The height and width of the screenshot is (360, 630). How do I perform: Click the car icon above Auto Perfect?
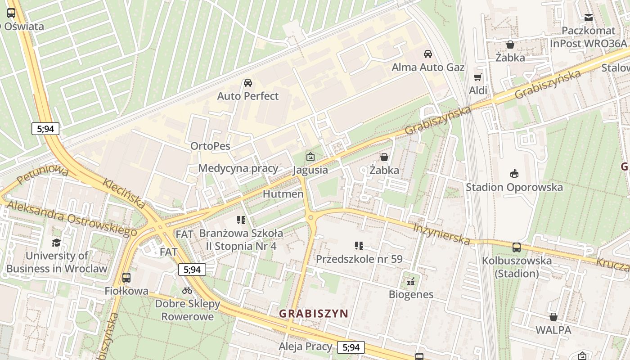point(247,83)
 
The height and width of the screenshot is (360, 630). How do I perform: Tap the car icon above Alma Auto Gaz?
point(428,54)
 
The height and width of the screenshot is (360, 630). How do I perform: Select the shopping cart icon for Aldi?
point(478,77)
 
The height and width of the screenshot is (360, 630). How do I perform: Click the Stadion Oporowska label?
point(514,187)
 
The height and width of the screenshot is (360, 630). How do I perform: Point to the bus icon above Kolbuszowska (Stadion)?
point(517,247)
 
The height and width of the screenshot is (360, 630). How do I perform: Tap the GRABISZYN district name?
point(314,314)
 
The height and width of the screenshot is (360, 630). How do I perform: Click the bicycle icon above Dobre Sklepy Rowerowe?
point(187,291)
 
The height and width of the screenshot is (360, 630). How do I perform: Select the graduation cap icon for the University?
point(56,243)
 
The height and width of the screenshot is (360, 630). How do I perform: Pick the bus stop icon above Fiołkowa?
point(126,278)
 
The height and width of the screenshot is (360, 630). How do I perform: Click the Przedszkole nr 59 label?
point(359,259)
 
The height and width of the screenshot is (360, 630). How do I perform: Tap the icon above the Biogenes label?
point(410,282)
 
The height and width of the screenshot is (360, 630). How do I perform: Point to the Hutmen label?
point(283,194)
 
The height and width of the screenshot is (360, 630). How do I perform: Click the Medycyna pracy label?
point(238,169)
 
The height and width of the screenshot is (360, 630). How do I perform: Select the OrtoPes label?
point(210,146)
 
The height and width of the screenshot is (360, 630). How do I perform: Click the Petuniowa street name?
point(43,176)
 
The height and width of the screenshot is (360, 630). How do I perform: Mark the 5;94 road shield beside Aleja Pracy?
point(351,347)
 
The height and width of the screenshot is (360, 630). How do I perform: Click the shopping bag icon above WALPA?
point(553,317)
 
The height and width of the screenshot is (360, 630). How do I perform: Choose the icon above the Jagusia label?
point(310,157)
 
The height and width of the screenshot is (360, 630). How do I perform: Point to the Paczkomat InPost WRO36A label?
point(588,37)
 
